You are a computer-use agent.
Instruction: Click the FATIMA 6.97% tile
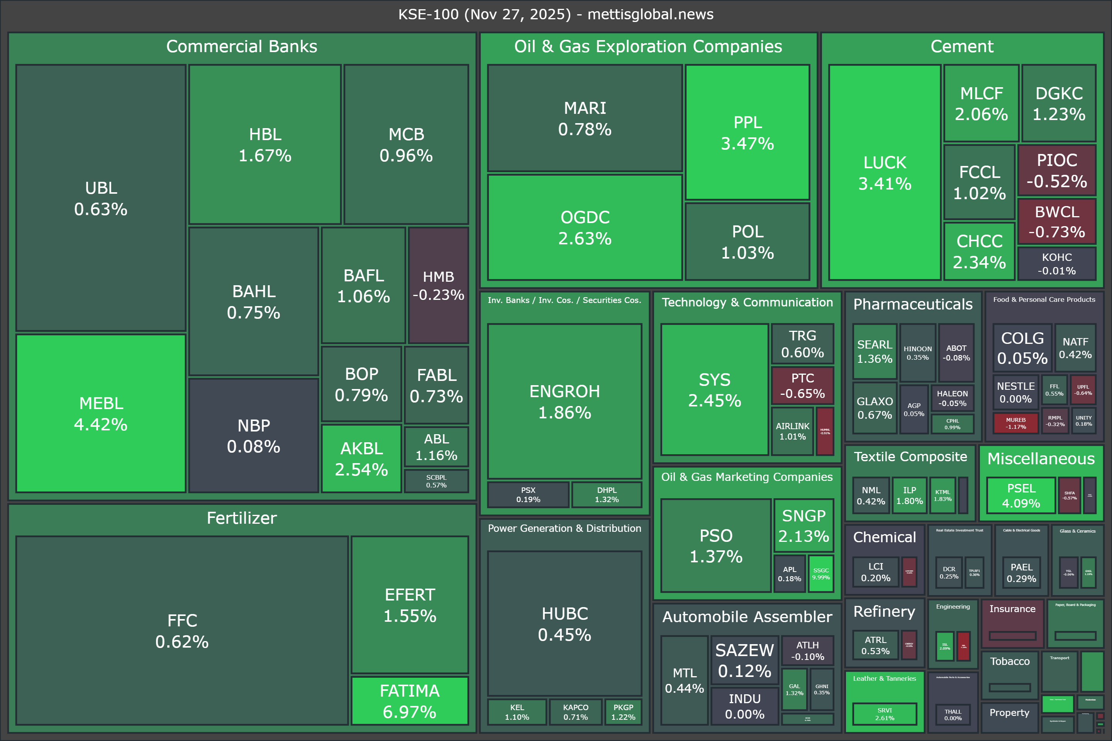[x=409, y=701]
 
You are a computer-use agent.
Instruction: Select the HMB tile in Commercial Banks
[x=438, y=286]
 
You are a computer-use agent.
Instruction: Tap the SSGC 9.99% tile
[x=821, y=574]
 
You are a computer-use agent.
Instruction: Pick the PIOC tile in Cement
[x=1057, y=171]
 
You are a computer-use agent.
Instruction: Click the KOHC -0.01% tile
[x=1057, y=264]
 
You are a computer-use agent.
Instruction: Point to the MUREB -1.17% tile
[x=1015, y=423]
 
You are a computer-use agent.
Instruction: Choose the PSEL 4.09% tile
[x=1021, y=495]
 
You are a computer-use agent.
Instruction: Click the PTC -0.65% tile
[x=802, y=386]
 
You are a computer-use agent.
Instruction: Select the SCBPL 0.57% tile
[x=436, y=481]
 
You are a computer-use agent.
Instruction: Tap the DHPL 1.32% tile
[x=607, y=494]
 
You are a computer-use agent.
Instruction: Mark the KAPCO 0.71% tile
[x=575, y=712]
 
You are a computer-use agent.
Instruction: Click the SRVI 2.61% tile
[x=884, y=714]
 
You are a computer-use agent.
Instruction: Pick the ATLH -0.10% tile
[x=807, y=651]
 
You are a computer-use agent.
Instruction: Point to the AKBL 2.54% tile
[x=361, y=458]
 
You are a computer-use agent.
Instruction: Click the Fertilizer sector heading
[x=242, y=518]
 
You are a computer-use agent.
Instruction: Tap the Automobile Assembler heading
[x=747, y=617]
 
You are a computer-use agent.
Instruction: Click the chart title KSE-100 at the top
[x=556, y=14]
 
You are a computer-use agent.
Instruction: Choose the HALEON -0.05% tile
[x=952, y=398]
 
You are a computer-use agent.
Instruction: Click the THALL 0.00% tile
[x=953, y=714]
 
